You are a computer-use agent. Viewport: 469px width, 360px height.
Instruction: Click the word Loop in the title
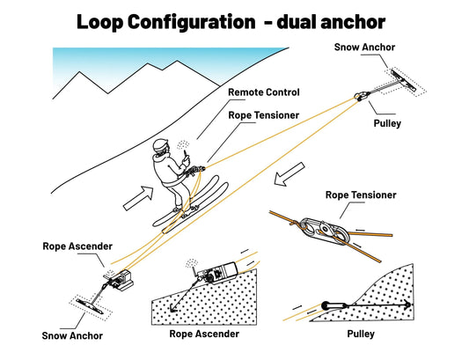click(100, 22)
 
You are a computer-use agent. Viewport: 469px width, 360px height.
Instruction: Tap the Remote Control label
click(263, 92)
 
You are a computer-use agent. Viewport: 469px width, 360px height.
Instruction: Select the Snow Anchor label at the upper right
click(364, 47)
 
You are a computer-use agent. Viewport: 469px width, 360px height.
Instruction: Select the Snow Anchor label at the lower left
click(72, 335)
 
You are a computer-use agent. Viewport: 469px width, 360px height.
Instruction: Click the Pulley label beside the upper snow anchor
click(387, 123)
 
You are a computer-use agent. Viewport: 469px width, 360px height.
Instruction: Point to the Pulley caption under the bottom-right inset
click(361, 334)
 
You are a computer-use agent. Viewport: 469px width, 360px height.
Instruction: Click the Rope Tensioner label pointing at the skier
click(263, 115)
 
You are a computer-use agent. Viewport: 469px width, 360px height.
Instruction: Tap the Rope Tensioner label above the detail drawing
click(361, 195)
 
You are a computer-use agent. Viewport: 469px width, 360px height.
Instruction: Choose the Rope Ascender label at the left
click(77, 246)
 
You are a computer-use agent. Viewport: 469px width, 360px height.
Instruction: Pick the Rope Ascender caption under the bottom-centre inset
click(204, 334)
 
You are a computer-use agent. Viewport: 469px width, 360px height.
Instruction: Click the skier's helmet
click(160, 146)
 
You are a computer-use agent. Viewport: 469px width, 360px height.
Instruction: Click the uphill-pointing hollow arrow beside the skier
click(139, 198)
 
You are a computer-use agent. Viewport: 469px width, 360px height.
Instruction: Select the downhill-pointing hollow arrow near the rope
click(289, 174)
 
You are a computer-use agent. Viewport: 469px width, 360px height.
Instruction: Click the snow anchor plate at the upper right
click(404, 80)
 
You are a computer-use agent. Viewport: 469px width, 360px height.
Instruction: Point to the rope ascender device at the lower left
click(121, 281)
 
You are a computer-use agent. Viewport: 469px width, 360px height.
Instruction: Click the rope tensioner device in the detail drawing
click(325, 230)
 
